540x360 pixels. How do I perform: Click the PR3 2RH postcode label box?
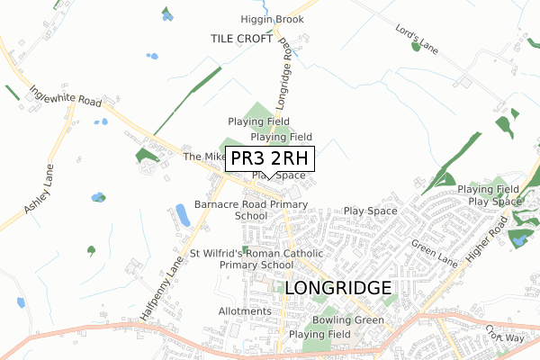point(270,159)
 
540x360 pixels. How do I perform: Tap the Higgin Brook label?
point(272,19)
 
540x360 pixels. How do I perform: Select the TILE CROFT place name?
point(241,39)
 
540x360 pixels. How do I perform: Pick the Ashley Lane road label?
point(40,195)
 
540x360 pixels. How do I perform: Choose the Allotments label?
point(245,311)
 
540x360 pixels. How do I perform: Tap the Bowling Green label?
point(348,320)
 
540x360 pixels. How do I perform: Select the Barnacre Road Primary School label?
point(251,210)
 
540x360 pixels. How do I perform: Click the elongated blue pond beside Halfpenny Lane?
point(182,214)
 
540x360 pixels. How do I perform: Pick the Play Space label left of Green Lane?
point(370,211)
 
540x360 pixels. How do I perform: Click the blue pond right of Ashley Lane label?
point(96,197)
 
